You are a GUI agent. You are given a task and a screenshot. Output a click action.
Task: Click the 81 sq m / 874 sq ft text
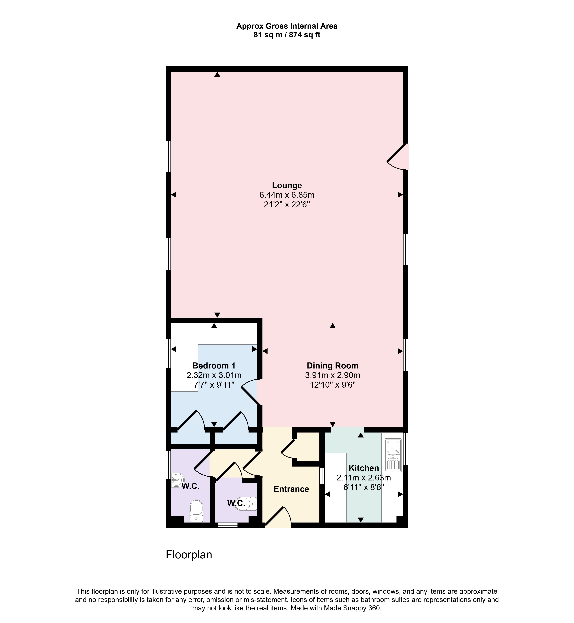tap(287, 35)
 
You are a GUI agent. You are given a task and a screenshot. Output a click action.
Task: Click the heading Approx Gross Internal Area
tap(287, 26)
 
